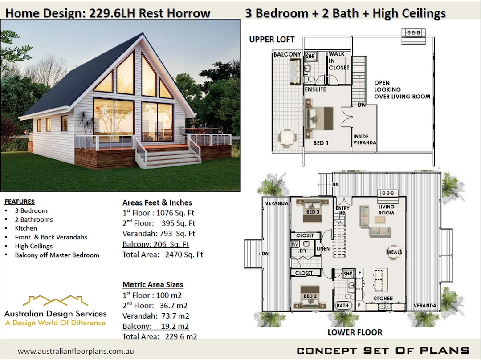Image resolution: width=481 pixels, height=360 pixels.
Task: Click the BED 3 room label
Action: tap(313, 212)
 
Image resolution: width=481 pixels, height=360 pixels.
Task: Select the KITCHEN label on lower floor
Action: tap(383, 298)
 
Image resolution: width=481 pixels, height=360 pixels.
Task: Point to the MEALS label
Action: tap(394, 252)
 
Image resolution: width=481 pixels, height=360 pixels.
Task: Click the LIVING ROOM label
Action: tap(386, 210)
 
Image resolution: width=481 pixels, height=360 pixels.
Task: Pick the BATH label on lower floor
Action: tap(342, 306)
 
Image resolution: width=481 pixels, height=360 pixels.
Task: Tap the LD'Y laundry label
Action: tap(302, 251)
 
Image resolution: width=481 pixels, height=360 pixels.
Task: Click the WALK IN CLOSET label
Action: tap(339, 61)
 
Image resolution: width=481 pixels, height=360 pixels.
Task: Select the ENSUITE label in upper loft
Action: tap(315, 89)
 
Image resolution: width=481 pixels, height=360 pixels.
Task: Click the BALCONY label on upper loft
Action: tap(287, 54)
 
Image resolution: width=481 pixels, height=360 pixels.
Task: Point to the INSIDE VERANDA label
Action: tap(365, 139)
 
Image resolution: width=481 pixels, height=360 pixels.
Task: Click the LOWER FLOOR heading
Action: tap(355, 332)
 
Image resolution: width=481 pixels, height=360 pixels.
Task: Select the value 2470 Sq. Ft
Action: tap(184, 255)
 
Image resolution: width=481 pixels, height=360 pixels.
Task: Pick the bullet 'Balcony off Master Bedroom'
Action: tap(57, 255)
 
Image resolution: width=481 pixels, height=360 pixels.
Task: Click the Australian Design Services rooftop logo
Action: tap(55, 300)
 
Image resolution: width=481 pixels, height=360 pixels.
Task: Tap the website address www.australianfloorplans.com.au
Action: tap(76, 351)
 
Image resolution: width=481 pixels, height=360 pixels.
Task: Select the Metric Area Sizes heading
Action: tap(153, 284)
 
